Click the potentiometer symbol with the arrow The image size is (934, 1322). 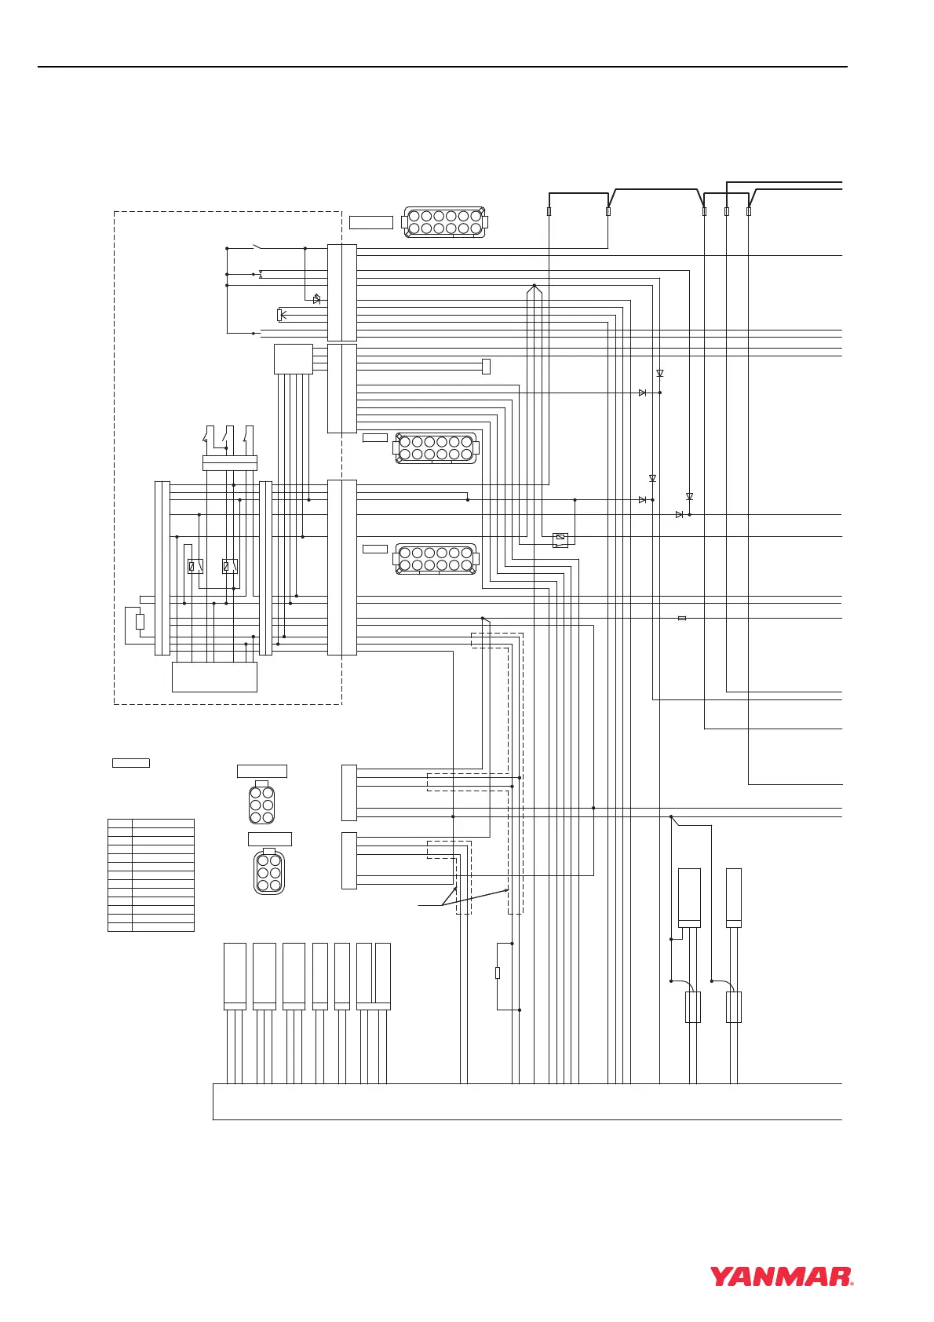[x=279, y=315]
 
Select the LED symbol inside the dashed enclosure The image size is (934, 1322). [x=316, y=299]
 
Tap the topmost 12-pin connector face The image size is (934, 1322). [x=444, y=222]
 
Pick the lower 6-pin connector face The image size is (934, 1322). [x=269, y=871]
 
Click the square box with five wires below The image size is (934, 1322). [x=293, y=359]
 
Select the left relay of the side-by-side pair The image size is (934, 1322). [x=195, y=566]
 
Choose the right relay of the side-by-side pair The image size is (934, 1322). [x=230, y=566]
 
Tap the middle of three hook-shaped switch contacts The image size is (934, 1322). [x=228, y=433]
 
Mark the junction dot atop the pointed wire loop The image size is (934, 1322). [x=534, y=285]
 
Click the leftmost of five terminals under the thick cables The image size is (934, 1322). [x=549, y=211]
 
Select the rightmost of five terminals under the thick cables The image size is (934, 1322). [x=749, y=211]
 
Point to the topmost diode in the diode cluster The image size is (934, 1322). [x=659, y=373]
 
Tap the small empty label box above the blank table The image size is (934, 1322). [x=130, y=762]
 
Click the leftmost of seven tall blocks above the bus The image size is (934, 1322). [x=235, y=976]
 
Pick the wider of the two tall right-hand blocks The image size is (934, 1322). [x=689, y=897]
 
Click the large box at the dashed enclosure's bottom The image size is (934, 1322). [x=214, y=677]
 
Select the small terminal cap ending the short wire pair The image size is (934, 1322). [x=486, y=366]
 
